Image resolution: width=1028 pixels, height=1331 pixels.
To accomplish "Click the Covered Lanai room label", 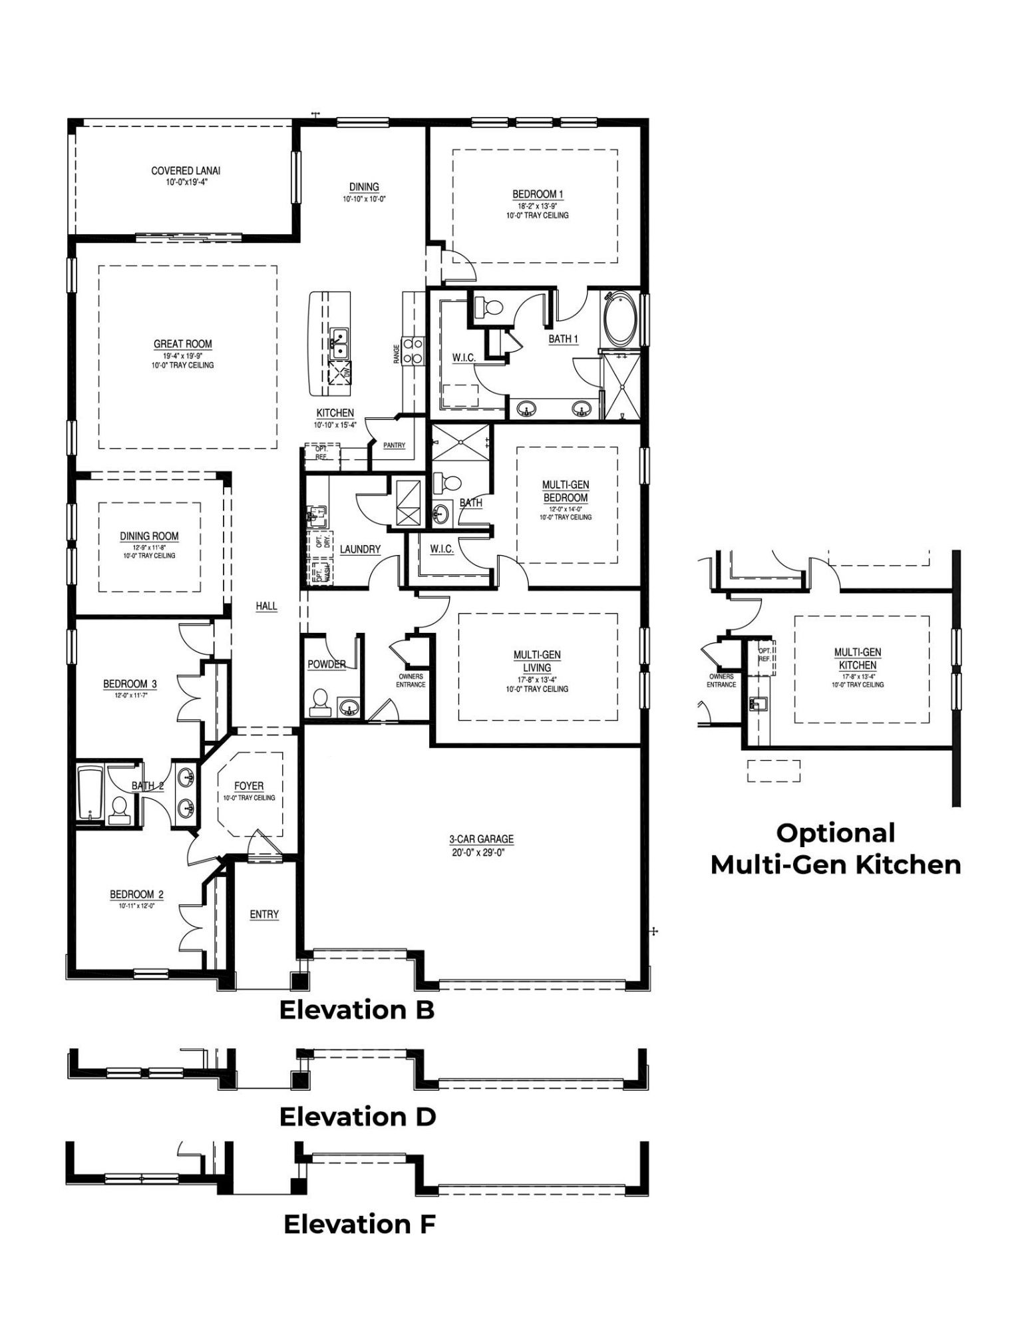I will [x=186, y=171].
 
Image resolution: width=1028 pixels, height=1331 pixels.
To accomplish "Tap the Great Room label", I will [x=182, y=344].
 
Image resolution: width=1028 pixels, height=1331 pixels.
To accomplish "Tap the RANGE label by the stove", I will [x=397, y=353].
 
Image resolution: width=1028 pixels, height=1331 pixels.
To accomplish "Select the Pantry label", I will [x=394, y=445].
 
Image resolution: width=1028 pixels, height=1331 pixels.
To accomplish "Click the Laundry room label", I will [x=360, y=549].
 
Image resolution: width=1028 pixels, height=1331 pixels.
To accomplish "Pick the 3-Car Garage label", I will [x=480, y=840].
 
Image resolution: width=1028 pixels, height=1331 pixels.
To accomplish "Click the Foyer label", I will [x=249, y=786].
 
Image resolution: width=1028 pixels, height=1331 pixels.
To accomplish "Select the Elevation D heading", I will [x=357, y=1117].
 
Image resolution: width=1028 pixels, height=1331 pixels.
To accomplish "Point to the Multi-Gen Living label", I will [x=537, y=661].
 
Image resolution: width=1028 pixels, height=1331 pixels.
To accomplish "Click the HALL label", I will [x=266, y=606].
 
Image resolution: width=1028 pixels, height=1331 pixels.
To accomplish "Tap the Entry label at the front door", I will [x=264, y=914].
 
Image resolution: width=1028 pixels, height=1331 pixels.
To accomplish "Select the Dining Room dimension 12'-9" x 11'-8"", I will [x=149, y=547].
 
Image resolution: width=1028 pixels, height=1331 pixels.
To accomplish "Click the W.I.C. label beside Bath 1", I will [x=463, y=358].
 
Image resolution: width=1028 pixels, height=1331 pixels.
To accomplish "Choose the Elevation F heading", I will [x=359, y=1224].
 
